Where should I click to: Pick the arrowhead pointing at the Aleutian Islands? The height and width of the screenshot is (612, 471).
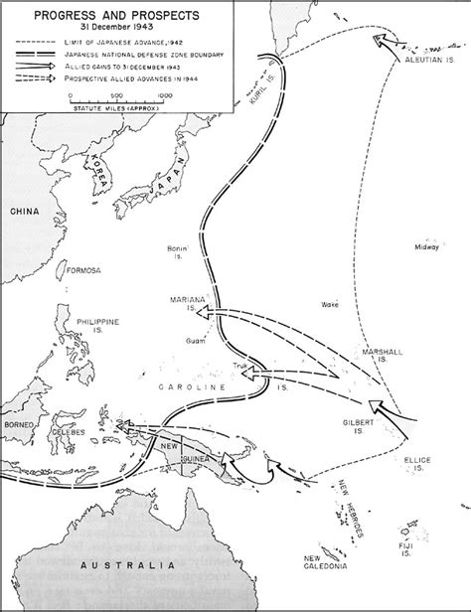click(x=380, y=41)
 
